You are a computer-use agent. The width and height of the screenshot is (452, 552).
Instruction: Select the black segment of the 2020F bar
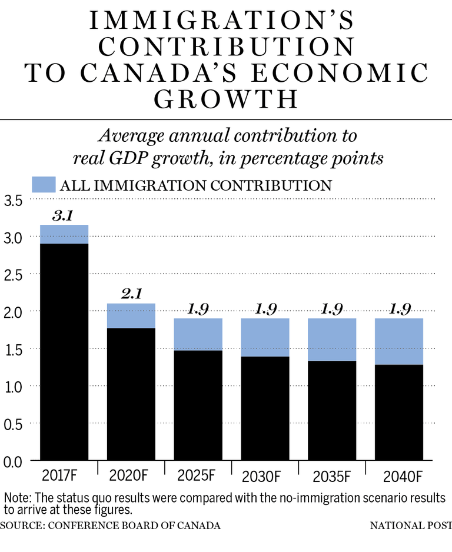coord(131,394)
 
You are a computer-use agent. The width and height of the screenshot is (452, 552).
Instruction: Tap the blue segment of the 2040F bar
coord(399,341)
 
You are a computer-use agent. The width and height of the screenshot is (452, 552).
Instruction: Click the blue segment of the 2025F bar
coord(198,334)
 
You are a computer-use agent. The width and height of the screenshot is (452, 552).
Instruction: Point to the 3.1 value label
coord(62,215)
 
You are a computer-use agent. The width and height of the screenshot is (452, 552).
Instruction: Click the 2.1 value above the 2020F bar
coord(131,294)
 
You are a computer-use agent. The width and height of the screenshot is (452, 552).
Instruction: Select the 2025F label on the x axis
coord(198,474)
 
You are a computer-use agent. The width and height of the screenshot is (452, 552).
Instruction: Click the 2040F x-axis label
coord(399,474)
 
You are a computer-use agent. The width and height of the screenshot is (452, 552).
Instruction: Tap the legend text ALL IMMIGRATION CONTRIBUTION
coord(196,185)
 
